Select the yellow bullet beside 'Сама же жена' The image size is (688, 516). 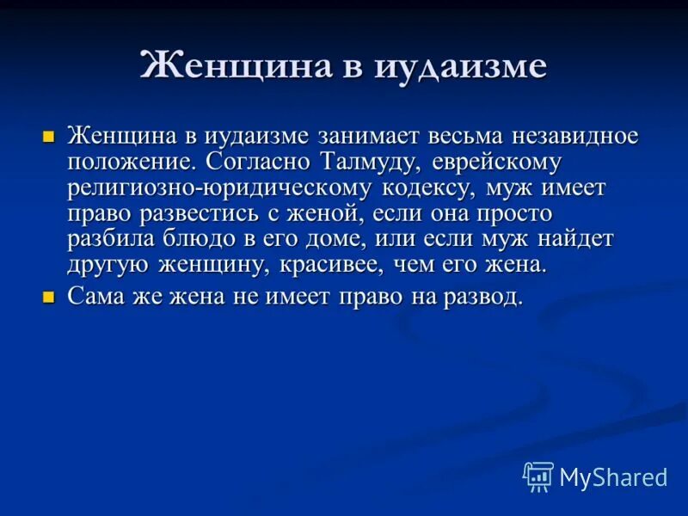pos(49,298)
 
